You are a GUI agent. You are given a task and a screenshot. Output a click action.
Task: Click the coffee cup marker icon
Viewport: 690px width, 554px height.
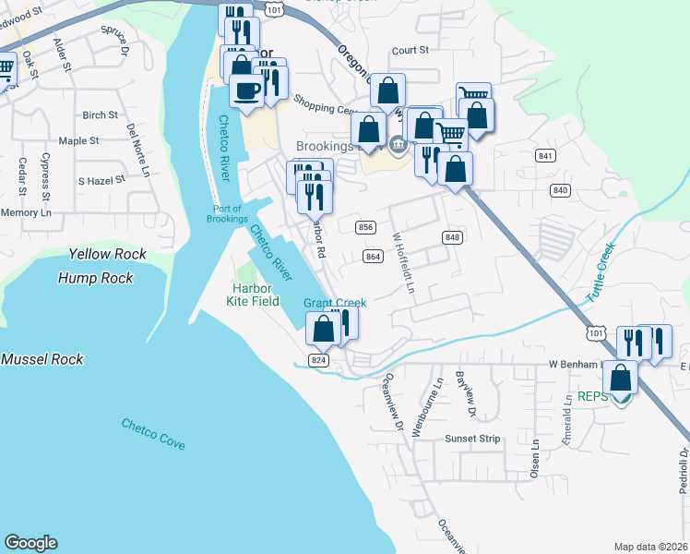click(x=247, y=90)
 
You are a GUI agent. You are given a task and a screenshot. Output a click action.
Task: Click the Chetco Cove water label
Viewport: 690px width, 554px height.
click(x=153, y=434)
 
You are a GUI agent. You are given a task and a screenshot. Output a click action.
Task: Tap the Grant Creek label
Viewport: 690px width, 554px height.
click(x=335, y=303)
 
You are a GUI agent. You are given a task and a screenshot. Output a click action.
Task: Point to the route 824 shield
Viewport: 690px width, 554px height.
click(x=319, y=360)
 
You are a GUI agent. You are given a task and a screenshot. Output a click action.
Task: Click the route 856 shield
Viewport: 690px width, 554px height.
click(x=365, y=227)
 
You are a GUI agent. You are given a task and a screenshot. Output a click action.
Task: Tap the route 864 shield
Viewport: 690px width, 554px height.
click(x=373, y=256)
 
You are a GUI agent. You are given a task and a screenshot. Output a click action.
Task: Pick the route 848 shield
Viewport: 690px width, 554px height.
click(x=451, y=237)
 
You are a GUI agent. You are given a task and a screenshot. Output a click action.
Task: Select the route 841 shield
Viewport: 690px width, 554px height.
click(x=546, y=156)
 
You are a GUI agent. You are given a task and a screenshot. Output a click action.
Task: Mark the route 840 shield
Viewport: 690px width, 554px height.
click(x=559, y=189)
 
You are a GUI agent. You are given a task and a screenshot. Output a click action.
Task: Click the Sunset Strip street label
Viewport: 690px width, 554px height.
click(x=472, y=439)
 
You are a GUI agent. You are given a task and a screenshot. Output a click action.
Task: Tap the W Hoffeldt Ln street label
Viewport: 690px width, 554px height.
click(x=404, y=262)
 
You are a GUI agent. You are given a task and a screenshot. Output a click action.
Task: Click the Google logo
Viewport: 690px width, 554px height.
click(x=31, y=543)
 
